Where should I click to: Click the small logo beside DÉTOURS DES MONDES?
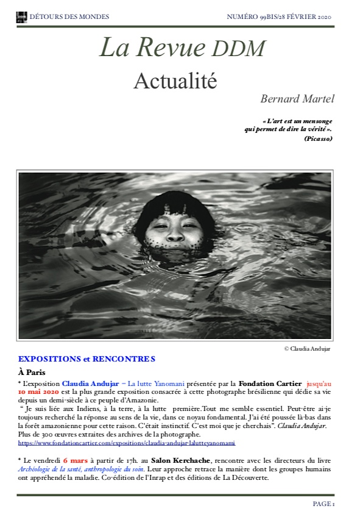(21, 16)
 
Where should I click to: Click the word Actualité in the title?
(175, 80)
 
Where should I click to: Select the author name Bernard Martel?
(297, 98)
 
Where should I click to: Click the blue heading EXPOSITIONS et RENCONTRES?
(86, 358)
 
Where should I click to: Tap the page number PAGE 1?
(323, 504)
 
